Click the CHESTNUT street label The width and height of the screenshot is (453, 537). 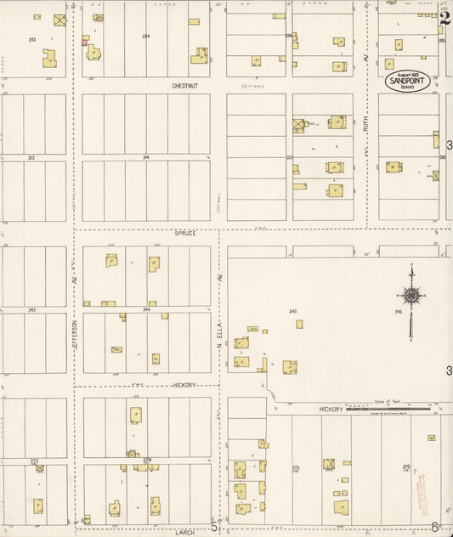pos(184,86)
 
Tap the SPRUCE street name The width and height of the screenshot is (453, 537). pos(184,232)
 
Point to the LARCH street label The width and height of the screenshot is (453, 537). pos(184,532)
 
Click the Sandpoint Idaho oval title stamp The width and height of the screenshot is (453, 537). pos(407,81)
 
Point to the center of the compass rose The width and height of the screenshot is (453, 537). pos(411,296)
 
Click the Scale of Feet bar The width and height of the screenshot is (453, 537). pos(399,410)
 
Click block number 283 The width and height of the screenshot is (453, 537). pos(31,40)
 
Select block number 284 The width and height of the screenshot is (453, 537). pos(145,36)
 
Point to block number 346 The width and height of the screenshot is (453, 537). pos(398,312)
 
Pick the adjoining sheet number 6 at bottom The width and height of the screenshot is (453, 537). pos(433,527)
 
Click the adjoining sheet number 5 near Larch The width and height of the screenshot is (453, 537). pos(215,527)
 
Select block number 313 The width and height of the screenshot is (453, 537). pos(31,157)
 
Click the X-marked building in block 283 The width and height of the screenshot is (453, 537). pos(59,19)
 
